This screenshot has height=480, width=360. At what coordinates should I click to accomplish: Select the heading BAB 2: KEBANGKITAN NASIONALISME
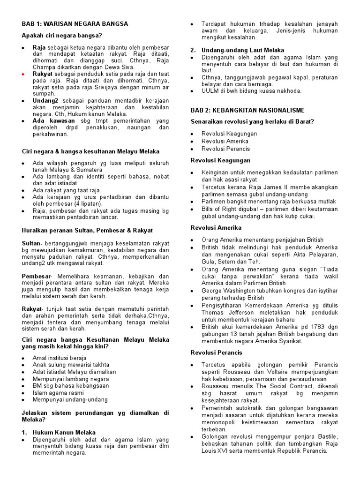[247, 110]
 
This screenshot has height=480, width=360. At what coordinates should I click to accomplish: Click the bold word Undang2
[45, 100]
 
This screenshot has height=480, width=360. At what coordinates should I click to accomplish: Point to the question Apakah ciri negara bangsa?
[62, 36]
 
